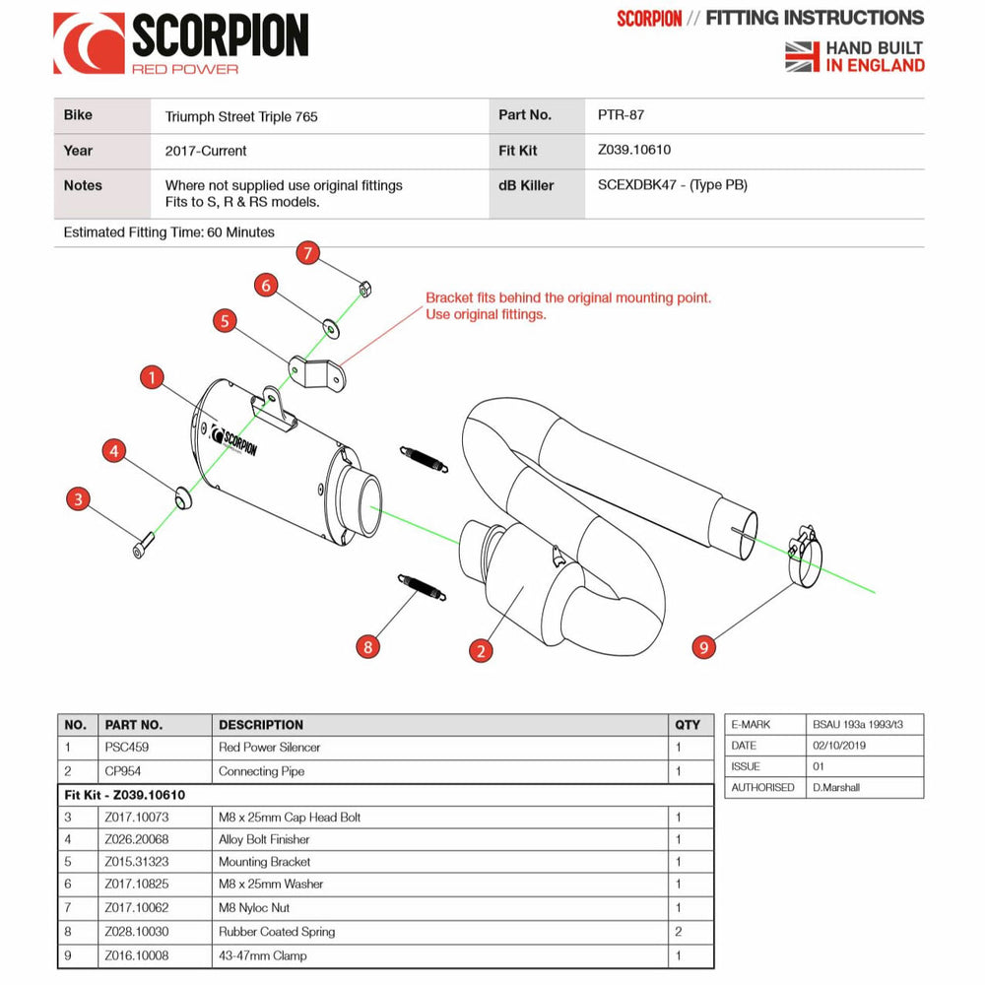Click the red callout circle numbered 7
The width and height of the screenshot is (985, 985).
point(308,253)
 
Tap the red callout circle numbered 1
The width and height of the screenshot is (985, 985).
point(151,376)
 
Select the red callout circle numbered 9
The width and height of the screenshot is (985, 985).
point(703,647)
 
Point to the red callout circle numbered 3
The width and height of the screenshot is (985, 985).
point(78,498)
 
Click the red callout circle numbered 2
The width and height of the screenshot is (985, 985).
point(481,650)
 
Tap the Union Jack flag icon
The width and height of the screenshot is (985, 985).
point(803,56)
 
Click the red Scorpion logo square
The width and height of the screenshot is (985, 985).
point(89,42)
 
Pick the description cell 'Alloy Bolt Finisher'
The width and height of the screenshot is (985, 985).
point(264,840)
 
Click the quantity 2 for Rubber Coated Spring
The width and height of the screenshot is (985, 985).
point(679,932)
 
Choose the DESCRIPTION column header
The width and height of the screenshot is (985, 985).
point(261,725)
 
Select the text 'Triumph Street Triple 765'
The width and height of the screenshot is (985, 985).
point(241,116)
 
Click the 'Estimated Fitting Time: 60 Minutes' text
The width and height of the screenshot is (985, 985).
point(168,233)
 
